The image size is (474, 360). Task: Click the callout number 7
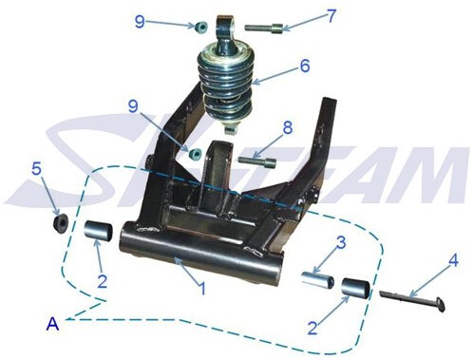331,16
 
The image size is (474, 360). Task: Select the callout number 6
305,66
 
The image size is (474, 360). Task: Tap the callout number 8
288,128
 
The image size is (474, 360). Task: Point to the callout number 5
36,169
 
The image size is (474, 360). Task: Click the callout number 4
453,261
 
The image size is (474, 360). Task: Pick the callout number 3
341,243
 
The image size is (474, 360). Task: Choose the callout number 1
201,289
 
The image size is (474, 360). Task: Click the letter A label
53,324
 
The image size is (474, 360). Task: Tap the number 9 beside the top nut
140,22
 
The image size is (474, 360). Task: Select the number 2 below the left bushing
103,281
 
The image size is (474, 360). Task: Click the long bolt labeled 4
413,300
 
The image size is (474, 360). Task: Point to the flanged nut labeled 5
60,224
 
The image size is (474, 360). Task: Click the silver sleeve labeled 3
317,279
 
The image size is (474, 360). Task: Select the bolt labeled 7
264,28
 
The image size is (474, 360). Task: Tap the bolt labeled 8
257,161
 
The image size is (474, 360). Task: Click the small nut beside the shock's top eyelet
200,27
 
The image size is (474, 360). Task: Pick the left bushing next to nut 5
98,232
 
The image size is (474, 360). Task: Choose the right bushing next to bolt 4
355,289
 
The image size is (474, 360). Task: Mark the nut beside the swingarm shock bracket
195,154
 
